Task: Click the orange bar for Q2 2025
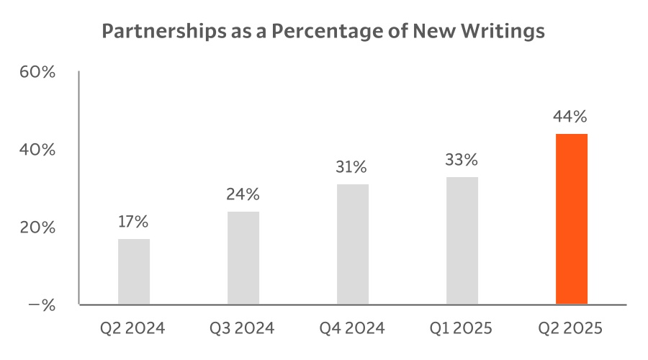pos(572,219)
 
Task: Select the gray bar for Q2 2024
pos(134,271)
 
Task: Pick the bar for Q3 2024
pos(243,258)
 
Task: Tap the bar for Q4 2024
pos(353,244)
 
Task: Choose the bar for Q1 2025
pos(462,240)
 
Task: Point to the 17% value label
pos(134,222)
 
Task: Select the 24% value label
pos(243,194)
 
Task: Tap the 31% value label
pos(353,167)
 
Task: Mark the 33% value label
pos(462,160)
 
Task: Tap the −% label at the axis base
pos(41,305)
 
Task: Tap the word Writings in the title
pos(508,32)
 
